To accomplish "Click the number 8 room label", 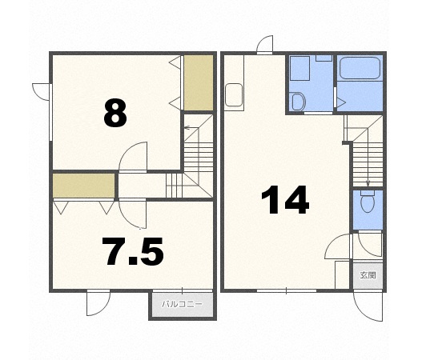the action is tap(115, 113).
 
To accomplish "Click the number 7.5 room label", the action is tap(133, 251).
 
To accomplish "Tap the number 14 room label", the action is tap(285, 200).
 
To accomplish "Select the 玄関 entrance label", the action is tap(368, 275).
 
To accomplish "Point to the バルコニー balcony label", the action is tap(183, 304).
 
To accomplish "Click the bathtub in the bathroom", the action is tap(360, 68).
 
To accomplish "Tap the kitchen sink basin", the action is tap(234, 94).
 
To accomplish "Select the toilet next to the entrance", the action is tap(368, 202).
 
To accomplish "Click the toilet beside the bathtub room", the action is tap(298, 102).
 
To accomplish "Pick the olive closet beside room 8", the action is tap(199, 82).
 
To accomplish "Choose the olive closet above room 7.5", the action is tap(83, 186).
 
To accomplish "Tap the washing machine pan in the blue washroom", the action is tap(299, 69).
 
